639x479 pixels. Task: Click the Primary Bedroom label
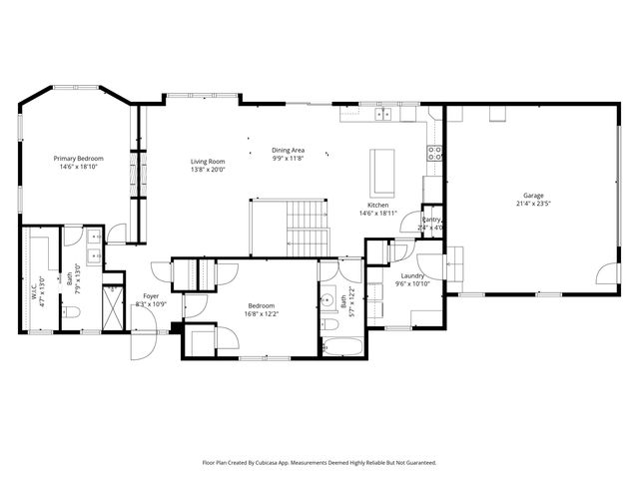pos(79,159)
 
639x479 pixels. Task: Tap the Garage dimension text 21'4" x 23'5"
pos(534,203)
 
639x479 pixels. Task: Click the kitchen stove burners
pos(435,154)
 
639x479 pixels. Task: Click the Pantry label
pos(431,220)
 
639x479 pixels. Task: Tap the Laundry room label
pos(413,275)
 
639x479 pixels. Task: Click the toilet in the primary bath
pos(67,312)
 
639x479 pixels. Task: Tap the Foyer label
pos(150,295)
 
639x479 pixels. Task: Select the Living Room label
pos(209,161)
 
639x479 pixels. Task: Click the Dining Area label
pos(289,151)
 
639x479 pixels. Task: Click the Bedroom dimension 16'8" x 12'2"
pos(262,313)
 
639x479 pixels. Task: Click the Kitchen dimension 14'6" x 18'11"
pos(378,213)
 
